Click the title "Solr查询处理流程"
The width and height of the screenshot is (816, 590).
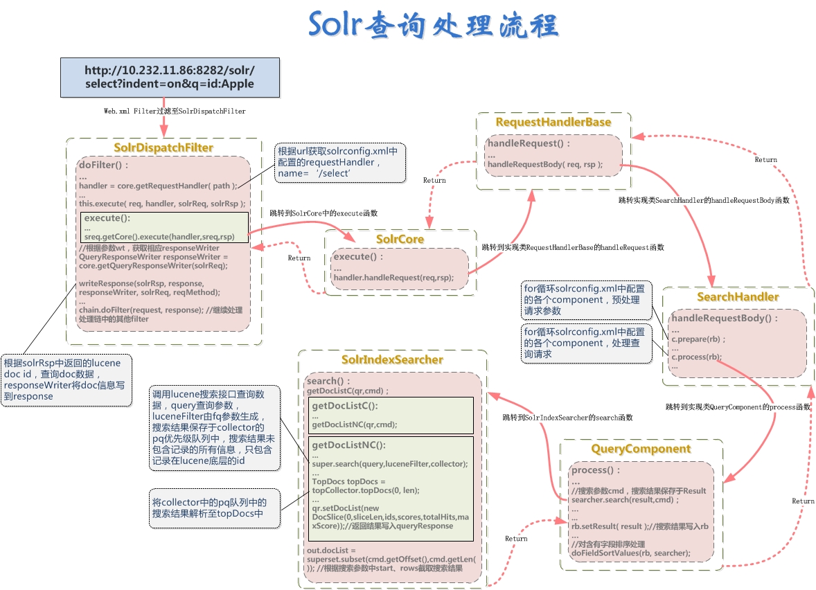click(x=433, y=26)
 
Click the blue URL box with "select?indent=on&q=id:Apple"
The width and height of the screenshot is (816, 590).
click(x=170, y=77)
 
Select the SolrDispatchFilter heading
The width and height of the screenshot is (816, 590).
click(x=163, y=147)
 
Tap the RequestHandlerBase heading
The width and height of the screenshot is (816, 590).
click(x=553, y=122)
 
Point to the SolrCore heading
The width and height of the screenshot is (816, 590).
click(x=400, y=239)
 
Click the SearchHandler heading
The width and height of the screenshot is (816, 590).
click(x=738, y=296)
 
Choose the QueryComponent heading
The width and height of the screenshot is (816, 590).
click(x=641, y=449)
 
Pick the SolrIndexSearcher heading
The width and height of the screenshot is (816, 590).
click(x=392, y=359)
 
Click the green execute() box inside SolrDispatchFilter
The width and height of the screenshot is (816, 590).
click(x=164, y=227)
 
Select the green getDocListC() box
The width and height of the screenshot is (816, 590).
click(x=390, y=415)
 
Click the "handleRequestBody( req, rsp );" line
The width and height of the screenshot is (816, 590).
click(x=545, y=165)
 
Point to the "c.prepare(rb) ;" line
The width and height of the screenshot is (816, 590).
click(x=695, y=339)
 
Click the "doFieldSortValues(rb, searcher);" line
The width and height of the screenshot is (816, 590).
click(x=630, y=553)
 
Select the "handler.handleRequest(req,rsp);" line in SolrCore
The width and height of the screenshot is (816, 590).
click(x=393, y=278)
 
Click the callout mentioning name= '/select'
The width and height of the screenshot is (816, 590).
click(x=340, y=163)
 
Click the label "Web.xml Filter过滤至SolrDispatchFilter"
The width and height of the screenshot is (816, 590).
click(x=175, y=111)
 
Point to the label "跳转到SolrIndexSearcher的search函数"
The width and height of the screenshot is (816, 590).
click(x=567, y=418)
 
